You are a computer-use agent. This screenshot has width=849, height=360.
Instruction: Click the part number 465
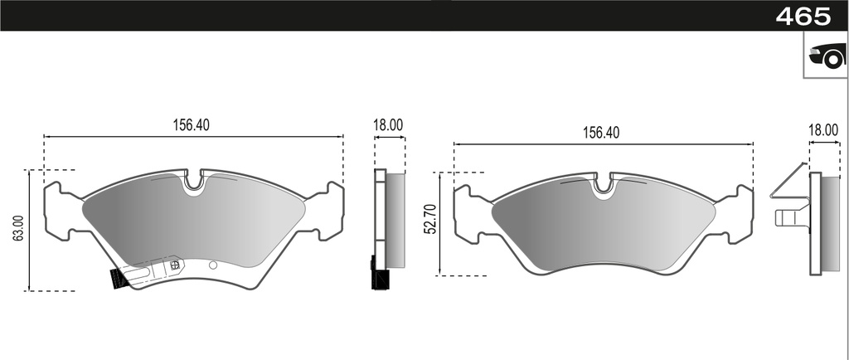802,16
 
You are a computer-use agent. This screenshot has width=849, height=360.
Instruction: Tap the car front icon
826,57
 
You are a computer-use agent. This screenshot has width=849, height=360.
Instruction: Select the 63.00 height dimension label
18,229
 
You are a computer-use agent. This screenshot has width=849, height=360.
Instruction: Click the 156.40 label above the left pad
191,125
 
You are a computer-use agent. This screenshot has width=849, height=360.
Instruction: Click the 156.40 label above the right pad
601,133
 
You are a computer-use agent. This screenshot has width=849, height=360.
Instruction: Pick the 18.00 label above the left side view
388,125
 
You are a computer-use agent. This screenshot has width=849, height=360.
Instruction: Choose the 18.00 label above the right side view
822,129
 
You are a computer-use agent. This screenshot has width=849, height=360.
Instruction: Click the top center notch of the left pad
193,182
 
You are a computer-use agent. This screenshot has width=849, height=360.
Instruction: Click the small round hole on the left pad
213,265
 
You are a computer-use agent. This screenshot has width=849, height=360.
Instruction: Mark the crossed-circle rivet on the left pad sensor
174,265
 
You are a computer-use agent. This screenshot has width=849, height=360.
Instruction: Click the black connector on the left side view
380,277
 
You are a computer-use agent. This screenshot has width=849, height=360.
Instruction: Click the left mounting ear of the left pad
59,212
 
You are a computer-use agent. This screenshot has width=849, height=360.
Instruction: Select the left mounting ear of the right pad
469,214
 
